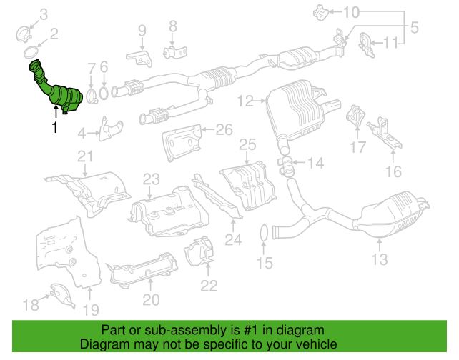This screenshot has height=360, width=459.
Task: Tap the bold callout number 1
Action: click(53, 129)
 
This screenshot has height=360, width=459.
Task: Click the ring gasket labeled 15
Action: click(264, 232)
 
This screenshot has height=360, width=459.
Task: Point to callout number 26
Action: click(224, 130)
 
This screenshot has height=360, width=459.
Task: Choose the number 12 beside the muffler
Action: click(247, 102)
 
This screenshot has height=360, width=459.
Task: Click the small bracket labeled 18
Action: click(60, 291)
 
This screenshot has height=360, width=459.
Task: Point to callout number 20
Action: click(151, 299)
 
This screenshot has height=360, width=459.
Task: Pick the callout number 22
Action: click(208, 286)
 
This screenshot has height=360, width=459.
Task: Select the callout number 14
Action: click(315, 163)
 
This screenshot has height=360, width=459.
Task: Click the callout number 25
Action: click(247, 145)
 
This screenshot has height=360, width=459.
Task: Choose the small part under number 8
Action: click(173, 53)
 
